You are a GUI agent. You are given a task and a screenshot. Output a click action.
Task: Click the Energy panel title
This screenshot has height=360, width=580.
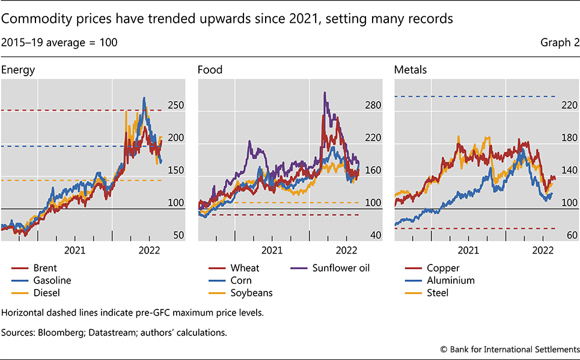click(x=18, y=70)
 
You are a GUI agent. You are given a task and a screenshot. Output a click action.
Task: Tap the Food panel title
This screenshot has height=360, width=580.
click(x=210, y=70)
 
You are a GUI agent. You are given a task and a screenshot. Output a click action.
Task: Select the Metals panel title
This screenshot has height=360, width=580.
click(x=411, y=70)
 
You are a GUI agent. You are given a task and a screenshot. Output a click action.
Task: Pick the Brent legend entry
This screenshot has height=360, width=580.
click(x=46, y=268)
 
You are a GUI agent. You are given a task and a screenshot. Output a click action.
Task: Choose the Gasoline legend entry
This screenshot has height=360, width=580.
click(x=52, y=280)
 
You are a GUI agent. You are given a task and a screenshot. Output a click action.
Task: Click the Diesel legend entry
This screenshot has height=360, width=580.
click(x=47, y=293)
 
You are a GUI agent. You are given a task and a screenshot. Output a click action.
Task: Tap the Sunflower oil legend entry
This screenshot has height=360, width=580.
click(x=340, y=268)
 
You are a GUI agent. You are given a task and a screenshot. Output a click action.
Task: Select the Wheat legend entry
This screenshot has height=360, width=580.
click(x=245, y=268)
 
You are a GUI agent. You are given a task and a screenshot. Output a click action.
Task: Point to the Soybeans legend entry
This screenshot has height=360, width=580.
click(x=251, y=293)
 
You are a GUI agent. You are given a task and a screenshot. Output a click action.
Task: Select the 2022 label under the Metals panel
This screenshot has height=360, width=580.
click(x=543, y=249)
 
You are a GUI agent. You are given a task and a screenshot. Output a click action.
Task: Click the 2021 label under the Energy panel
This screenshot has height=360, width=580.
click(x=75, y=249)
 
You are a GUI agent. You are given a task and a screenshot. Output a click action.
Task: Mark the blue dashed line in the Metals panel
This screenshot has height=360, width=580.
click(x=475, y=96)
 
